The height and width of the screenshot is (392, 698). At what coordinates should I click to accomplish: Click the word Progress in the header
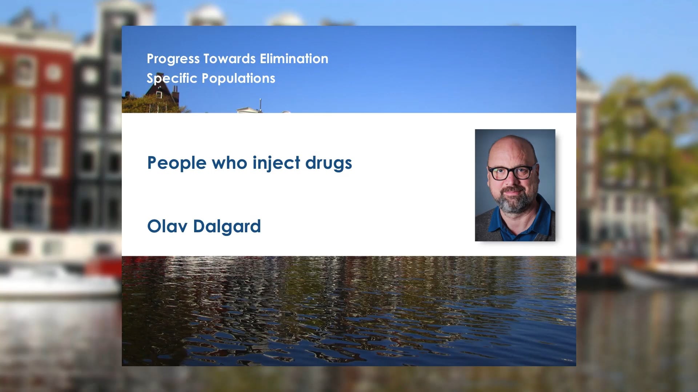click(x=173, y=59)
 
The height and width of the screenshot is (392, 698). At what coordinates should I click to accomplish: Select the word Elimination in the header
click(x=294, y=59)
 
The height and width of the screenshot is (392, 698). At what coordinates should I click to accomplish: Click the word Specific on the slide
click(x=172, y=78)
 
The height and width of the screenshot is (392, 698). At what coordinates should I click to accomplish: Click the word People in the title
click(x=177, y=163)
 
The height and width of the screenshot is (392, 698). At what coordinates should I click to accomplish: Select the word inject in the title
click(x=276, y=163)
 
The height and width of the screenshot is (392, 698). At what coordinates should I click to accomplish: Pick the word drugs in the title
click(x=328, y=163)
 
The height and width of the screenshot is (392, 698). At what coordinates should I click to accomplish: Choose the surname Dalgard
click(x=227, y=226)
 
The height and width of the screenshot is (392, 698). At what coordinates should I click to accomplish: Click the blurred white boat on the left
click(x=55, y=279)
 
